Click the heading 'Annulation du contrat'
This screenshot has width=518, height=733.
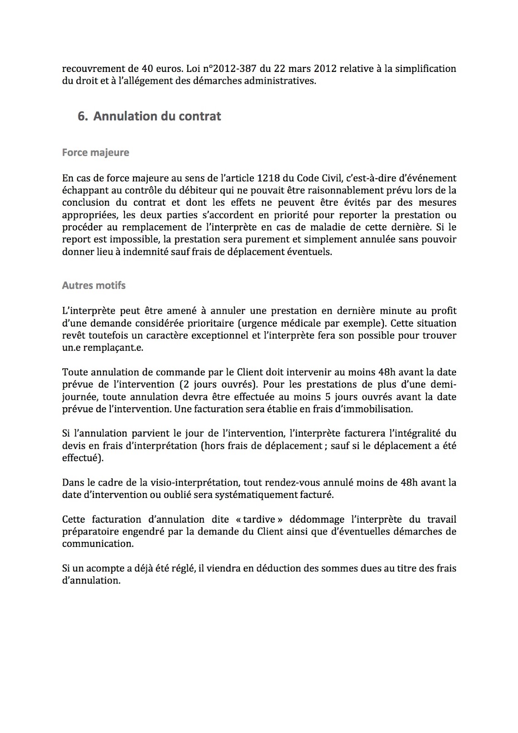tap(157, 116)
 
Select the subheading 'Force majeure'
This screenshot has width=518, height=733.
tap(95, 153)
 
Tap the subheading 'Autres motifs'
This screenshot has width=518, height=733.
tap(93, 285)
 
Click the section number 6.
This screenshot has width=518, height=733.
tap(82, 116)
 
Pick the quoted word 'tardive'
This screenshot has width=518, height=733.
tap(262, 520)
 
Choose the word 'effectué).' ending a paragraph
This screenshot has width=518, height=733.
tap(83, 458)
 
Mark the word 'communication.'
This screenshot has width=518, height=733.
tap(97, 544)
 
